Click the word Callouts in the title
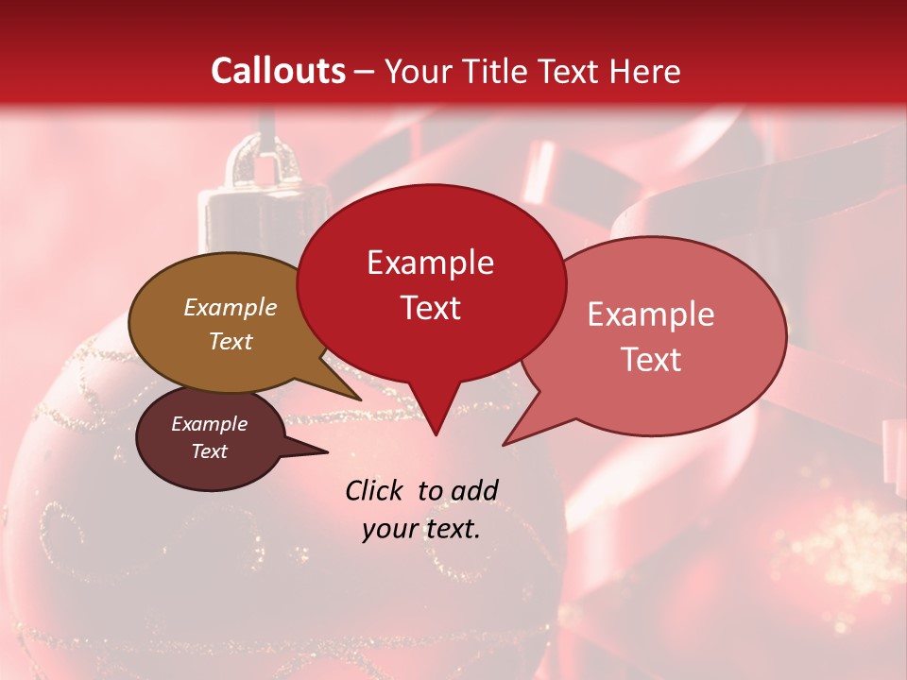[278, 71]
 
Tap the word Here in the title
[644, 71]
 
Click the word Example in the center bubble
[430, 263]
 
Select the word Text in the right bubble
[651, 360]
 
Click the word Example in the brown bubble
[230, 307]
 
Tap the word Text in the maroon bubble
[209, 451]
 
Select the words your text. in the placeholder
[421, 529]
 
